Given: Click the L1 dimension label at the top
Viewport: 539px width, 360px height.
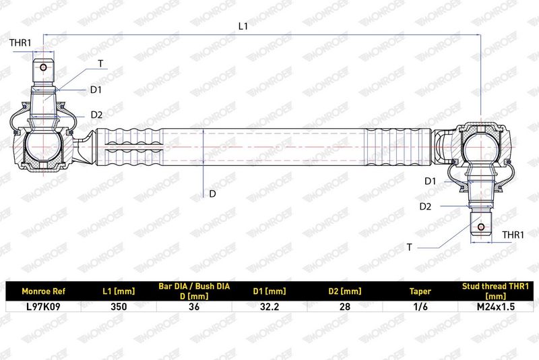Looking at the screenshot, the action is coord(243,26).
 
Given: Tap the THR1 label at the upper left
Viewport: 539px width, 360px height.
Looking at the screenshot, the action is coord(20,42).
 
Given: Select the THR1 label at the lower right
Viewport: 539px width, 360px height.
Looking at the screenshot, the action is coord(513,235).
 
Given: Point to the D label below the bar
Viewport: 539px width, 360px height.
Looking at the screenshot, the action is coord(212,194).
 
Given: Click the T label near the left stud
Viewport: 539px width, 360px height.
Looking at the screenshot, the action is coord(100,63).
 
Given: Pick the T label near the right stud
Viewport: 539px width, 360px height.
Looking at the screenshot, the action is coord(409,247).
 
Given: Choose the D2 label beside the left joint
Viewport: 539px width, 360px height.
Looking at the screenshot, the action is coord(96,115).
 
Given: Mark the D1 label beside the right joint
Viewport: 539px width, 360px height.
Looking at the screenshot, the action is coord(430,181).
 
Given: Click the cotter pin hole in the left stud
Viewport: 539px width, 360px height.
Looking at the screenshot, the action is coord(43,67).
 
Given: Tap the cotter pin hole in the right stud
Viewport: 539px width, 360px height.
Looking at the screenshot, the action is coord(481,227).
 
